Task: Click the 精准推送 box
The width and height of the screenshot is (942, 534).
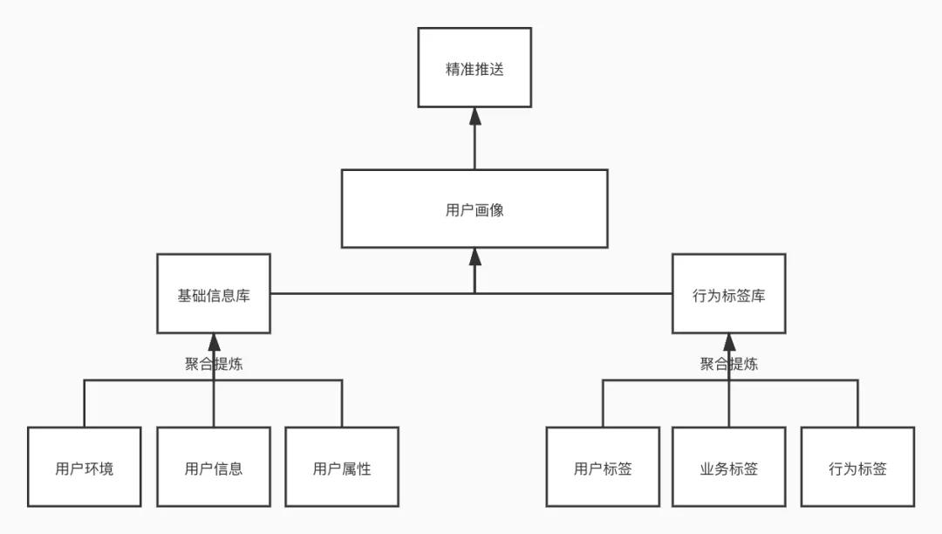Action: [474, 67]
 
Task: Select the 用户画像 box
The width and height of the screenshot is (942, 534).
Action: [474, 208]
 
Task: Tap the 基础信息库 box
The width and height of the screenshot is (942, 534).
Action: [214, 293]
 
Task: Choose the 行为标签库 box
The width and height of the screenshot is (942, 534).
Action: [729, 293]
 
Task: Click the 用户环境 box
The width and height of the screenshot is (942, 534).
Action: [84, 467]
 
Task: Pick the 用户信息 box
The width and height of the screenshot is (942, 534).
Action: [214, 467]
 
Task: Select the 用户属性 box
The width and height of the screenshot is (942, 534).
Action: [342, 467]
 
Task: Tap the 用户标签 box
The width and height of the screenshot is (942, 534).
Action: [603, 467]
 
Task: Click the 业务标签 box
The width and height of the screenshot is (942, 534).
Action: [729, 467]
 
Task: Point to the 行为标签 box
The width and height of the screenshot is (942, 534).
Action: [857, 467]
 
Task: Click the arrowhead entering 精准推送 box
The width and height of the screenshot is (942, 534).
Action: [474, 116]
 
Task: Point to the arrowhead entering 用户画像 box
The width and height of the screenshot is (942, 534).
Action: [474, 257]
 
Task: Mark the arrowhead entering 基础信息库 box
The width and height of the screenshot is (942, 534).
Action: [214, 342]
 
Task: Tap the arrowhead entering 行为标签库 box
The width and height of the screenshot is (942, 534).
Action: [729, 342]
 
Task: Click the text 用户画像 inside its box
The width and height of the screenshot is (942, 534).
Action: [474, 209]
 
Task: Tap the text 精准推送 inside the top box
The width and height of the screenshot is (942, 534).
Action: [474, 69]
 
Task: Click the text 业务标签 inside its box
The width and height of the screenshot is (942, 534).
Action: [729, 469]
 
